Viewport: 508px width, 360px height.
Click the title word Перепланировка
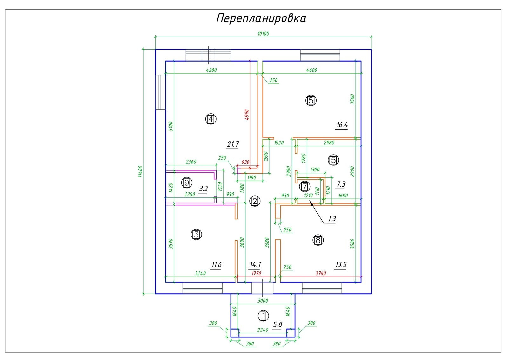[261, 18]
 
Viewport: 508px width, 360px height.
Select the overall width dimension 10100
[263, 34]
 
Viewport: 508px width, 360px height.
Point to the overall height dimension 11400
[140, 171]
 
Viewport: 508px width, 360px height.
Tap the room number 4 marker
[211, 119]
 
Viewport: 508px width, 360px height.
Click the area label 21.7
[233, 144]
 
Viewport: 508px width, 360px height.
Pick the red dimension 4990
[247, 115]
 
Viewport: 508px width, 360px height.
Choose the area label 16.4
[342, 125]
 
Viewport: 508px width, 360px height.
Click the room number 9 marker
[187, 183]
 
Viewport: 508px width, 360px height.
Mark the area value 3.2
[203, 189]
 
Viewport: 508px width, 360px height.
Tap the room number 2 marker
[255, 201]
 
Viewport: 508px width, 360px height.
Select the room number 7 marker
[304, 186]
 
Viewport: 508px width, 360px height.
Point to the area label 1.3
[332, 219]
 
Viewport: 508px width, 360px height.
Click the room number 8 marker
[318, 240]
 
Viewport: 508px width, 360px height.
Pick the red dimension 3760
[321, 273]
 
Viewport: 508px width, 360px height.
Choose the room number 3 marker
[196, 235]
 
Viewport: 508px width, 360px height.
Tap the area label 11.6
[216, 264]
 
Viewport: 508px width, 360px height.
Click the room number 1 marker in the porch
[263, 316]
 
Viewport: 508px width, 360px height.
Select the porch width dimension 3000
[263, 301]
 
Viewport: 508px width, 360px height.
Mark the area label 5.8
[277, 324]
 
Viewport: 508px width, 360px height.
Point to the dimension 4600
[311, 70]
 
